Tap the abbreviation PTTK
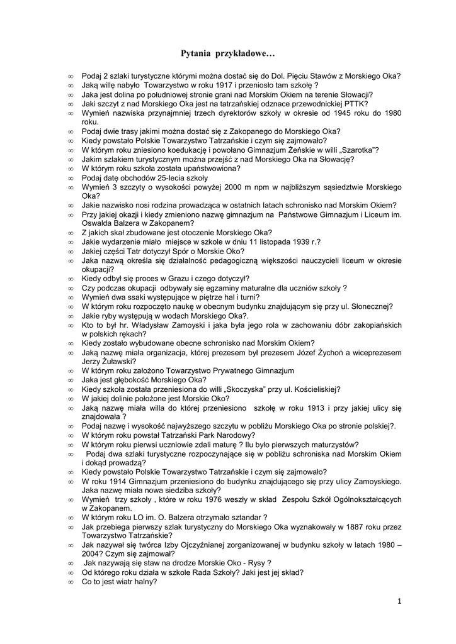pos(357,103)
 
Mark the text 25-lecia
pos(163,178)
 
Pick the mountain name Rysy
pos(257,563)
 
